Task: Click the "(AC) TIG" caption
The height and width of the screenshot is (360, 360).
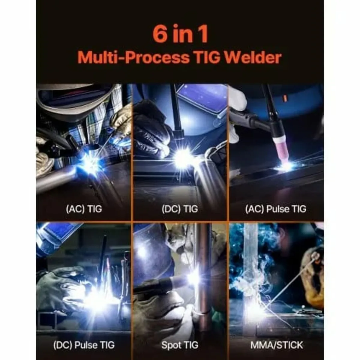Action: click(84, 208)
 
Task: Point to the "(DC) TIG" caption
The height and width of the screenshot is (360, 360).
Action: click(180, 208)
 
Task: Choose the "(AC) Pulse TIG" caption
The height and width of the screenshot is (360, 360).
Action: click(276, 208)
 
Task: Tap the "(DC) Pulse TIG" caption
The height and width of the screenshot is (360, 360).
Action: click(84, 345)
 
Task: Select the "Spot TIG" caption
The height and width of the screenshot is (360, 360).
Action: click(180, 345)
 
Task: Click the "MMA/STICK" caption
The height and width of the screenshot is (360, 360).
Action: click(277, 345)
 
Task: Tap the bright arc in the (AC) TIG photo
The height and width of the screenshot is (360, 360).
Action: click(90, 162)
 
